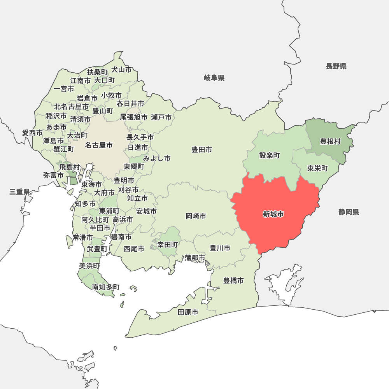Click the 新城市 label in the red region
(x=273, y=214)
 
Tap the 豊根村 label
(x=330, y=142)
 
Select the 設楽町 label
(x=270, y=156)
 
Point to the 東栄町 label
(x=317, y=168)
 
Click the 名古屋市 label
(x=99, y=145)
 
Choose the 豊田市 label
(x=202, y=149)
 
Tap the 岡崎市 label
(x=196, y=216)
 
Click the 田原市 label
(x=188, y=312)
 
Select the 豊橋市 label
(x=233, y=280)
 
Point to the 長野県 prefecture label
(x=336, y=66)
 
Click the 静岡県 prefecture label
(x=349, y=212)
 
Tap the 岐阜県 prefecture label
(x=214, y=78)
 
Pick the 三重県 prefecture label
(x=20, y=192)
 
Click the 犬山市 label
(x=121, y=70)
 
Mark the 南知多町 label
(x=106, y=287)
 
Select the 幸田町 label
(x=168, y=245)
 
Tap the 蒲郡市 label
(x=195, y=258)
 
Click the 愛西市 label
(x=32, y=133)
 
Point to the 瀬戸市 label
(x=161, y=117)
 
